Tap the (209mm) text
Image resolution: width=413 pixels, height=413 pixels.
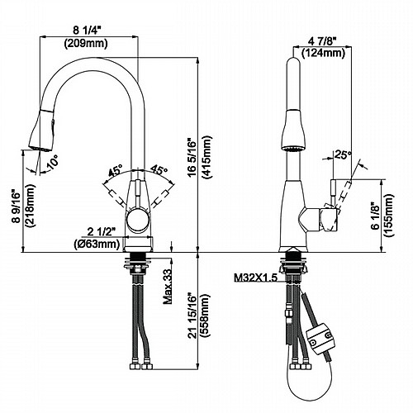pyautogui.click(x=86, y=43)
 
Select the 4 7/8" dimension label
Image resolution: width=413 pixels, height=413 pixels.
pyautogui.click(x=322, y=42)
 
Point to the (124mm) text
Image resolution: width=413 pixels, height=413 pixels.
pyautogui.click(x=323, y=53)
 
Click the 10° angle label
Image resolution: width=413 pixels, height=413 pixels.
pyautogui.click(x=52, y=161)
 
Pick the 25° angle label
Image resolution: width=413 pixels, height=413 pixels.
pyautogui.click(x=343, y=154)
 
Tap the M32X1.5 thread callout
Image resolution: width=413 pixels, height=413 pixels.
pyautogui.click(x=255, y=278)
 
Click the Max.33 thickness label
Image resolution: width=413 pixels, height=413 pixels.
pyautogui.click(x=168, y=287)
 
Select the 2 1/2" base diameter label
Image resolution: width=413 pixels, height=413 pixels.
pyautogui.click(x=101, y=232)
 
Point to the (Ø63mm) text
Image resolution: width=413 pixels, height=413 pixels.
pyautogui.click(x=97, y=244)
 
